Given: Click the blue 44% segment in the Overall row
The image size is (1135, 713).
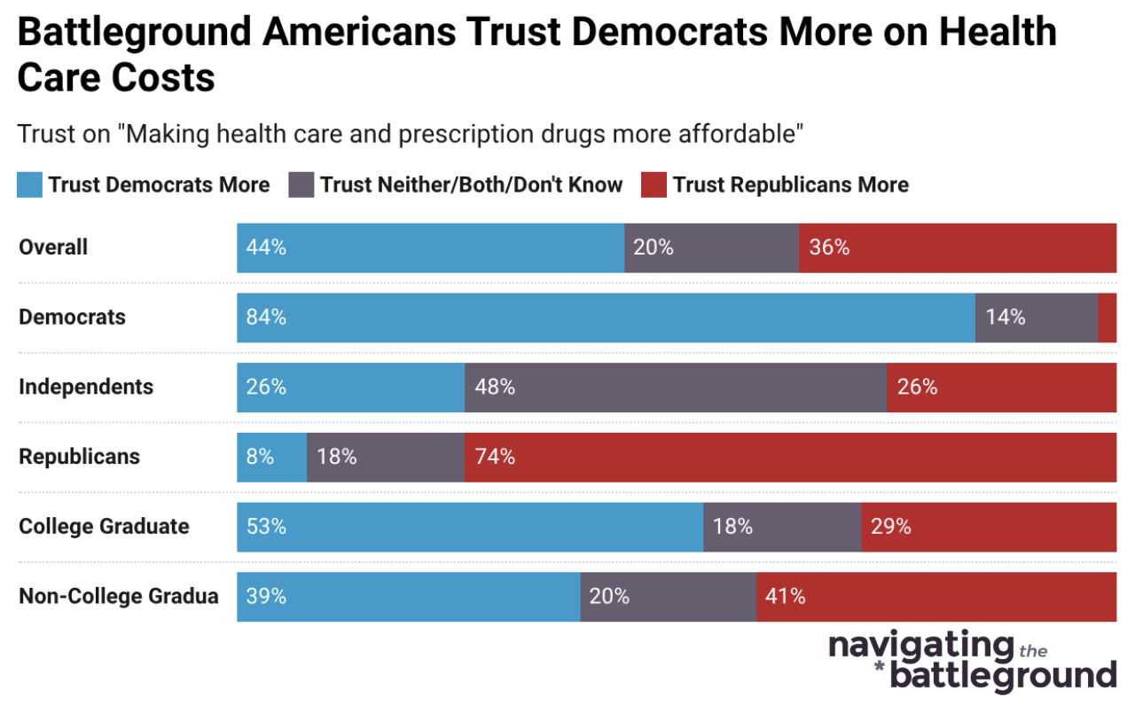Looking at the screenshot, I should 430,247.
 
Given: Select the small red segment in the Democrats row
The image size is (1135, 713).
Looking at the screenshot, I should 1107,317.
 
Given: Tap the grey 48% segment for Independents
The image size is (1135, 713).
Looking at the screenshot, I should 675,387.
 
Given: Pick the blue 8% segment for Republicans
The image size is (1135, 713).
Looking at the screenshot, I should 271,457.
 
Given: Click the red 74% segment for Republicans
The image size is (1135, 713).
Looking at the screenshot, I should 789,457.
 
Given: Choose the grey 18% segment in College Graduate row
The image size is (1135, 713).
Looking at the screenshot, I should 781,527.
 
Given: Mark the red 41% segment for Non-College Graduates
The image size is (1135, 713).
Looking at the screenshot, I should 935,596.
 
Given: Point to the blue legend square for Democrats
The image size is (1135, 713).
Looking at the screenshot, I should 29,184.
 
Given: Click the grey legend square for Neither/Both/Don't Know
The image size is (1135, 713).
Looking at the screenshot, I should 301,184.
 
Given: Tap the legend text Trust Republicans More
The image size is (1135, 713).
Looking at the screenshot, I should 790,184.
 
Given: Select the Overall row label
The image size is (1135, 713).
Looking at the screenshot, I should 53,247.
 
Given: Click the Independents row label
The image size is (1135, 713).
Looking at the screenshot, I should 86,387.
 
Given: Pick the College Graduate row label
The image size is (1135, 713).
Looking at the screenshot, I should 104,527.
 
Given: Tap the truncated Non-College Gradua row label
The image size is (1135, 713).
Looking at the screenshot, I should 118,596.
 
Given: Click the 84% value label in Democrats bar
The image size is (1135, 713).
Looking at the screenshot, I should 267,317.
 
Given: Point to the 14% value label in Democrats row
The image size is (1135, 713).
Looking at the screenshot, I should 1005,317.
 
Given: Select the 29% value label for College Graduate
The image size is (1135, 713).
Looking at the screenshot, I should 890,527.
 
